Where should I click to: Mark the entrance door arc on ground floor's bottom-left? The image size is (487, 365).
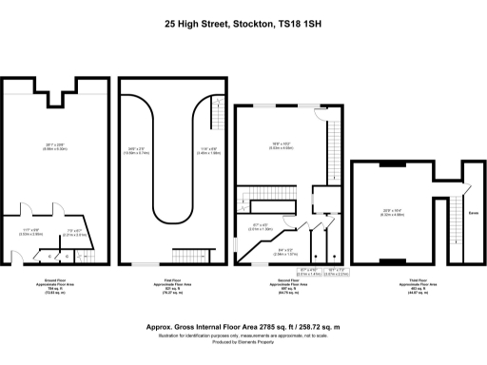click(x=12, y=256)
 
